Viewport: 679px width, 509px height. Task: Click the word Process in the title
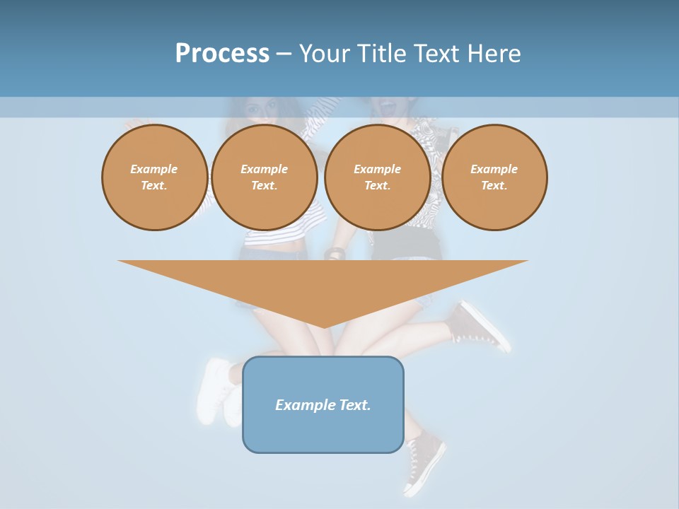click(222, 53)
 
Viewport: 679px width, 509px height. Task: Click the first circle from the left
click(154, 177)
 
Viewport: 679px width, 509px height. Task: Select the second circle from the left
click(265, 177)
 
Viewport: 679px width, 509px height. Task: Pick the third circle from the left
click(377, 177)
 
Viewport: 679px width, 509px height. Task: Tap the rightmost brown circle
click(494, 177)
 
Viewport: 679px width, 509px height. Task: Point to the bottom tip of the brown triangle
click(324, 327)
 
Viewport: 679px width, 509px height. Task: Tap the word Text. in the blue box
click(355, 405)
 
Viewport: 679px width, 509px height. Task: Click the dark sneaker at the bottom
click(424, 463)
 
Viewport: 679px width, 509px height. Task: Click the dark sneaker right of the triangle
click(481, 327)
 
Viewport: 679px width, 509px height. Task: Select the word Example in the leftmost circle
click(154, 169)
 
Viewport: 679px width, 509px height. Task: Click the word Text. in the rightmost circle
click(494, 185)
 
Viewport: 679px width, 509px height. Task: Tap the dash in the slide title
click(284, 54)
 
